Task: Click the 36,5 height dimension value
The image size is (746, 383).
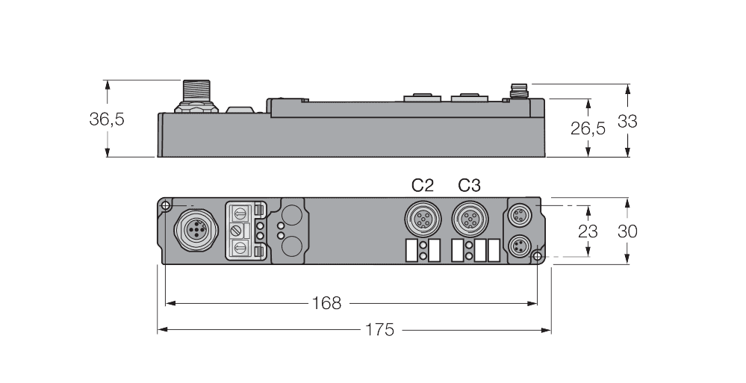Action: coord(107,119)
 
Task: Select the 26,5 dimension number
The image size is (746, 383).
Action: coord(588,128)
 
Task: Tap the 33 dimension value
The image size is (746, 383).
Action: coord(627,121)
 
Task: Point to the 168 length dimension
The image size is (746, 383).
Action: coord(326,303)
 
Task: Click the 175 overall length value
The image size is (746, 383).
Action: coord(379,329)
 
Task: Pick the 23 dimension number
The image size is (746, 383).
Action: coord(588,231)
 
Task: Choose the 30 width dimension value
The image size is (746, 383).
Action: coord(627,231)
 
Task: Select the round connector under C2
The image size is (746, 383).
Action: coord(423,219)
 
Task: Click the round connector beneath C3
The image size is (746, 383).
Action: coord(470,219)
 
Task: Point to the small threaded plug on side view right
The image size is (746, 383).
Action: coord(517,93)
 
